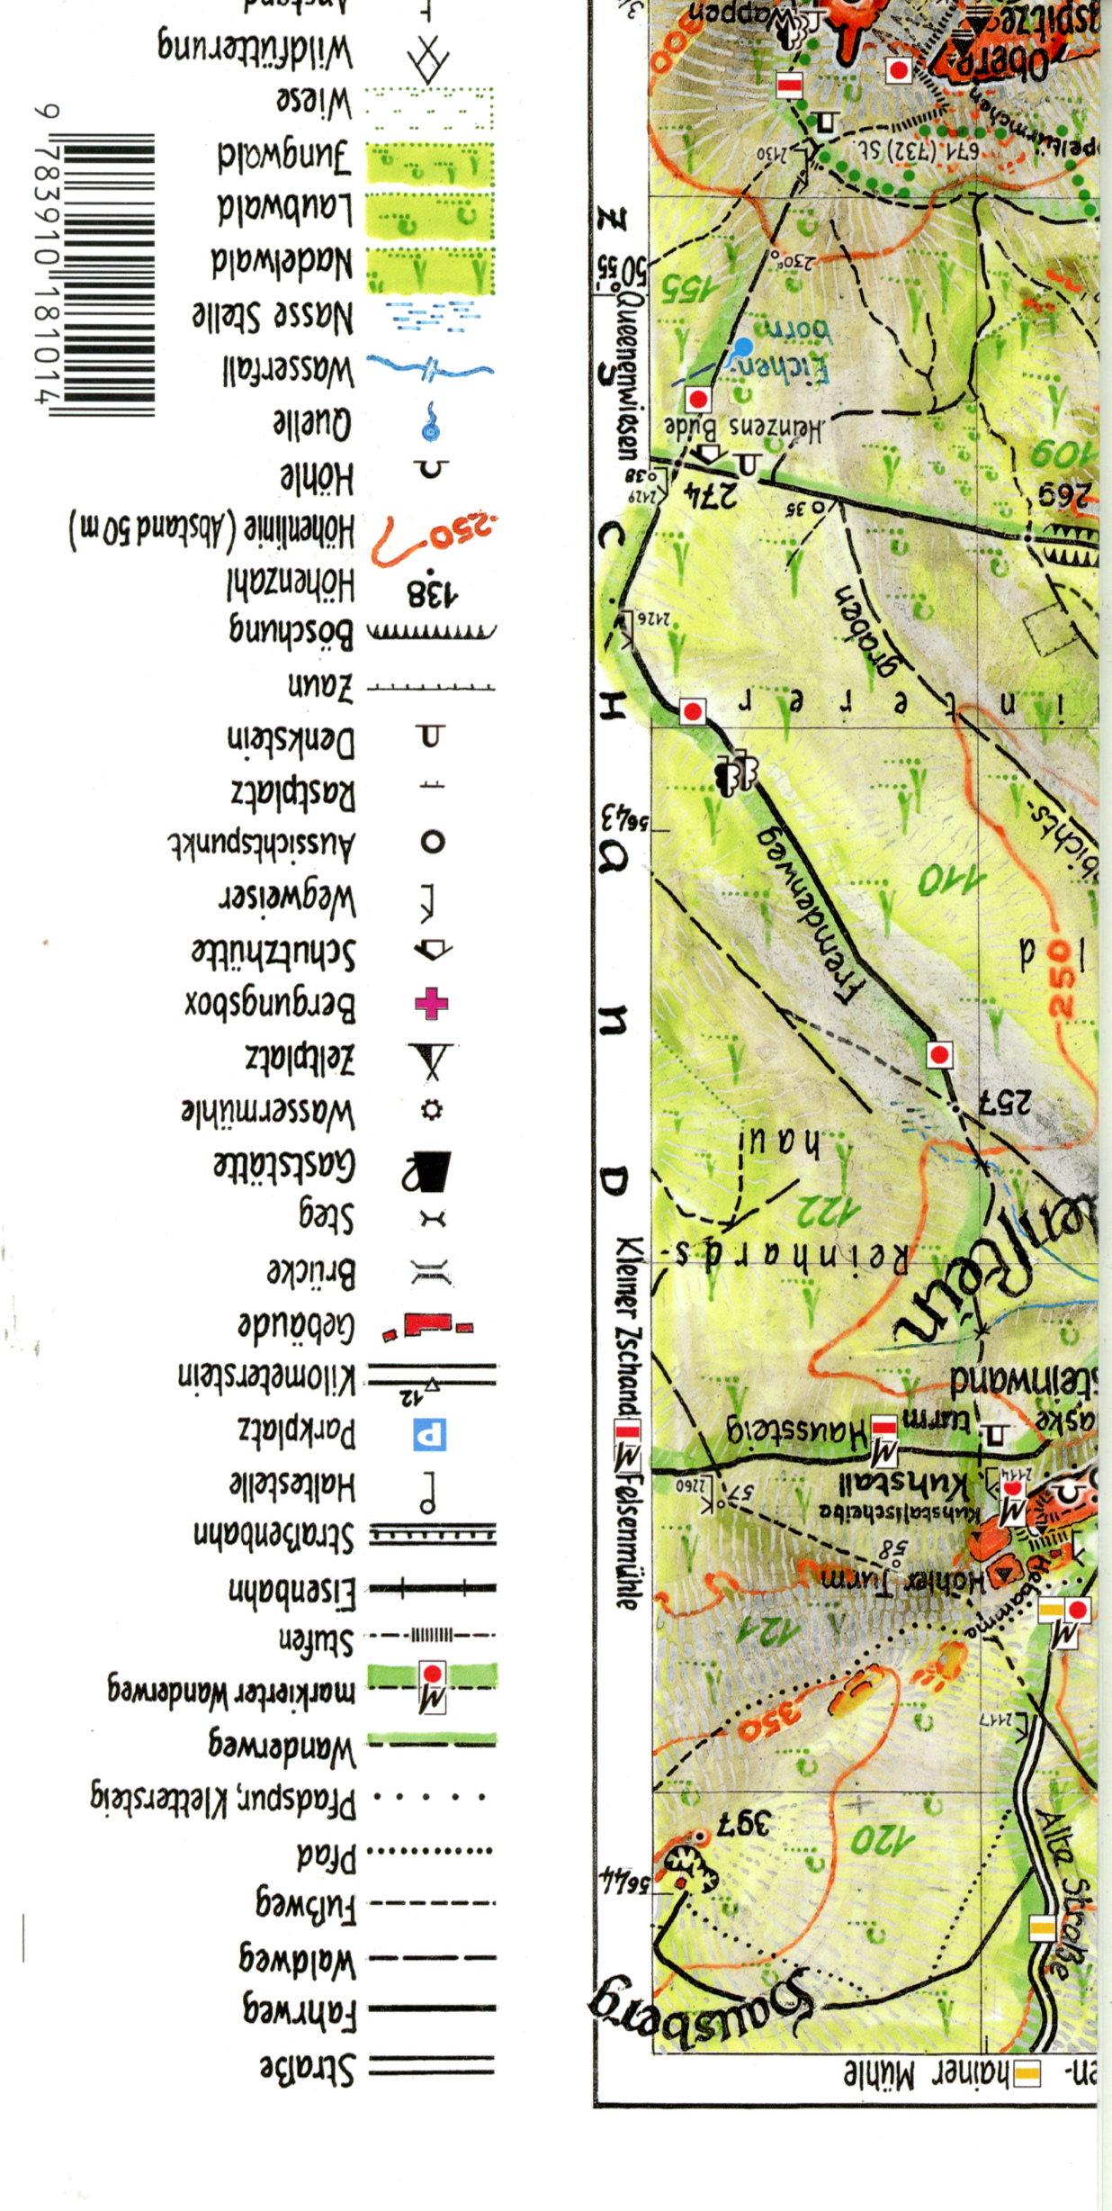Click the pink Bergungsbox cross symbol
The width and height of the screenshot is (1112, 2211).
[431, 1004]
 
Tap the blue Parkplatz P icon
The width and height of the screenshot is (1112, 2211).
[430, 1434]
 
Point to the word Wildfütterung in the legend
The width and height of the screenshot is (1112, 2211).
[256, 52]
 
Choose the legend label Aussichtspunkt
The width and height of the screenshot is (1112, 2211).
[262, 844]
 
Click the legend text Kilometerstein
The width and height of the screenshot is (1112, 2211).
[268, 1378]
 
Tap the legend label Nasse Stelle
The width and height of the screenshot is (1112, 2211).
[274, 317]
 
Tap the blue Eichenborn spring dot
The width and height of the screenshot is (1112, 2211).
[740, 347]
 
